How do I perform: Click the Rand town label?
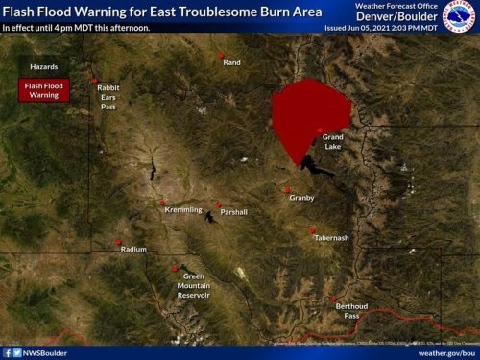pyautogui.click(x=231, y=62)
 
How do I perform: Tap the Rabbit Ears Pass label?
pyautogui.click(x=108, y=95)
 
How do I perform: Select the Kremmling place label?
pyautogui.click(x=183, y=209)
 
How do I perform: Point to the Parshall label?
pyautogui.click(x=233, y=211)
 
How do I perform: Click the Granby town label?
pyautogui.click(x=301, y=198)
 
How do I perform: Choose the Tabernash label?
pyautogui.click(x=331, y=237)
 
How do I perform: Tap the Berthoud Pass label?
pyautogui.click(x=351, y=310)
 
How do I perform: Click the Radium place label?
pyautogui.click(x=133, y=249)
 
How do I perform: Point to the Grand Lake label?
pyautogui.click(x=332, y=142)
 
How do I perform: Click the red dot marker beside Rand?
pyautogui.click(x=223, y=56)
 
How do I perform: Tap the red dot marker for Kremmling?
pyautogui.click(x=162, y=204)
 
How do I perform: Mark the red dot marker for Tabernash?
pyautogui.click(x=313, y=230)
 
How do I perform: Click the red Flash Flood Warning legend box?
pyautogui.click(x=43, y=89)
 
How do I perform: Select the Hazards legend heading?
pyautogui.click(x=43, y=68)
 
